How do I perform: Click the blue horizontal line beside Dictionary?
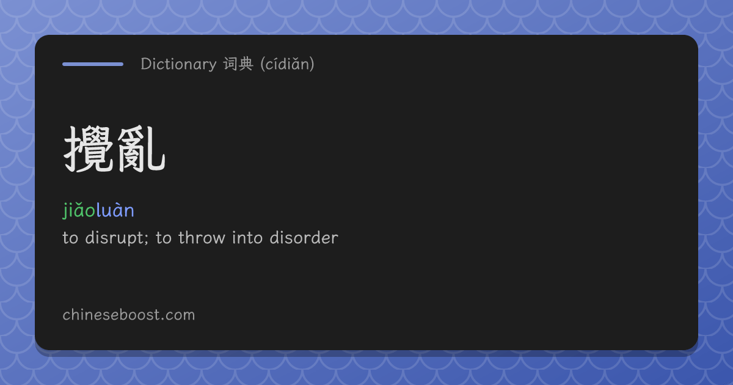(x=93, y=64)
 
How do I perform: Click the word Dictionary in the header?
(x=178, y=64)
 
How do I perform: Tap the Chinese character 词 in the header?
(x=230, y=64)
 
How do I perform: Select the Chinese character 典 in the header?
(x=246, y=64)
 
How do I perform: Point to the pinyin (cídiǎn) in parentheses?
(x=287, y=64)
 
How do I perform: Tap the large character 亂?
(x=140, y=149)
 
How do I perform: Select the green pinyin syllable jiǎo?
(x=79, y=210)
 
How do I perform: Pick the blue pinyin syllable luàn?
(x=115, y=210)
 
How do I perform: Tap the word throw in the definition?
(x=202, y=237)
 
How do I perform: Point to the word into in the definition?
(x=247, y=237)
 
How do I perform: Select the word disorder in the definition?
(x=304, y=237)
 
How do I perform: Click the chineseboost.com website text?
(x=129, y=315)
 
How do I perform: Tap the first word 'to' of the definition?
(x=70, y=238)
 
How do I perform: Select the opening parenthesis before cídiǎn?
(x=263, y=64)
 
